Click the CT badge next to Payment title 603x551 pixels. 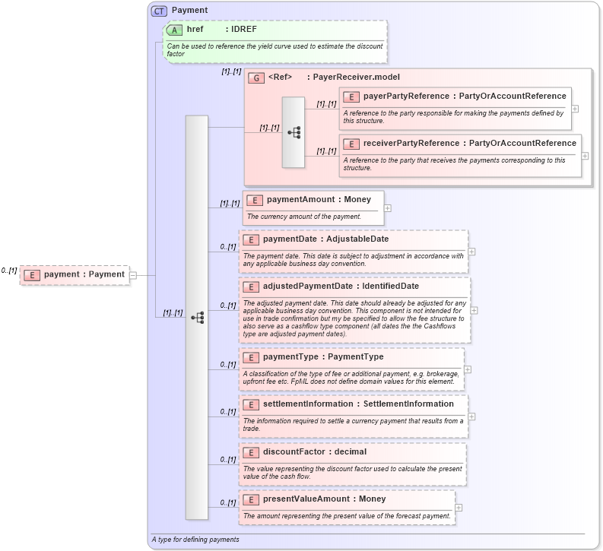(159, 11)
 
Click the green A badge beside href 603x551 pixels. (175, 30)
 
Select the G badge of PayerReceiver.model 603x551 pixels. (256, 78)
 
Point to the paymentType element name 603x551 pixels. (292, 357)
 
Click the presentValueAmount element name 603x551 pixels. (305, 499)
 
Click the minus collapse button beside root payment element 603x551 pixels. (133, 274)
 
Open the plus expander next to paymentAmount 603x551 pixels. (388, 207)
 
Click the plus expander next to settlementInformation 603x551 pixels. (472, 416)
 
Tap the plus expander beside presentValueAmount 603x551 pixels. (459, 508)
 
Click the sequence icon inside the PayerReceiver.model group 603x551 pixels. (294, 132)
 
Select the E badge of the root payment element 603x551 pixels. (31, 274)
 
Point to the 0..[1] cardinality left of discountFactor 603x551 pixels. (227, 460)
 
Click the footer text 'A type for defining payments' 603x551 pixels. (195, 540)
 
